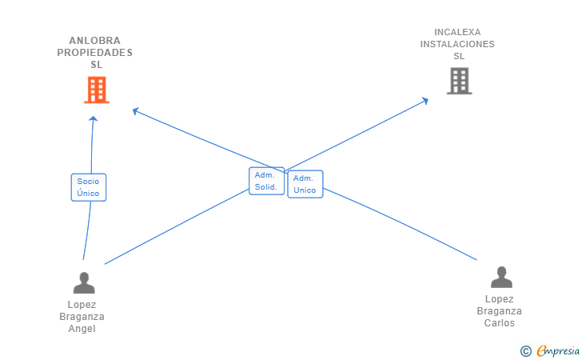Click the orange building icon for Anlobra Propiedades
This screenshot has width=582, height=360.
coord(96,90)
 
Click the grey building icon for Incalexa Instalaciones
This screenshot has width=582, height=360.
coord(459,81)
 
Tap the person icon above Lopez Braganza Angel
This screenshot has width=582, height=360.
coord(83,282)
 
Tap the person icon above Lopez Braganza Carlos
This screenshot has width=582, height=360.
coord(501,277)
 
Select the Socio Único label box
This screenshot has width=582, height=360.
coord(88,187)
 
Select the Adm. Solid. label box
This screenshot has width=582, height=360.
coord(266,181)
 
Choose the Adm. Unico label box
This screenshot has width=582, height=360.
coord(305,184)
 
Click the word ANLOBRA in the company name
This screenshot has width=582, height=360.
coord(95,40)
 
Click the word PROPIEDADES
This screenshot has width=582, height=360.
coord(95,52)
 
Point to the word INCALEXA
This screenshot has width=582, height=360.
coord(457,33)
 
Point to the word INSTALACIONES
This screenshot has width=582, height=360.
coord(457,44)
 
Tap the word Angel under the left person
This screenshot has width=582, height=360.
coord(82,329)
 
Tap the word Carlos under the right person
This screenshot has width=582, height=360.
coord(500,323)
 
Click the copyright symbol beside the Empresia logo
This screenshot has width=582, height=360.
coord(525,350)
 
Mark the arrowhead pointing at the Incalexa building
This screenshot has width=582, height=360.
coord(425,100)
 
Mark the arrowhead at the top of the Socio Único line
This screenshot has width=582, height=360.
coord(93,118)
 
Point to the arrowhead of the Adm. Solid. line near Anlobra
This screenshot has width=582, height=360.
coord(136,110)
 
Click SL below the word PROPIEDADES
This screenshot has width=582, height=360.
coord(97,64)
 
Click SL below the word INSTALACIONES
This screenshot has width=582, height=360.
coord(458,56)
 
